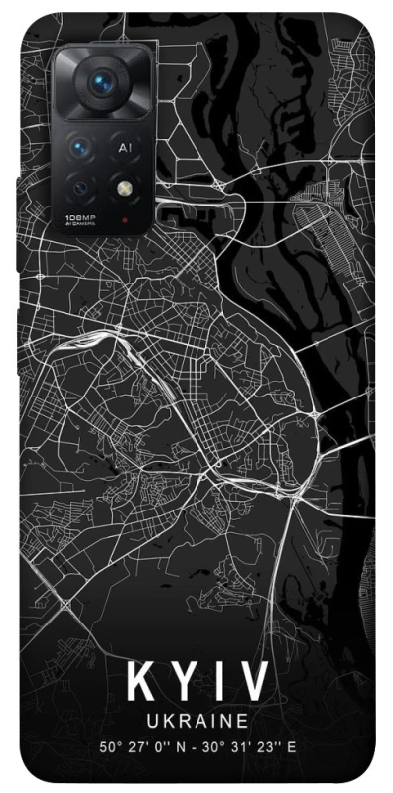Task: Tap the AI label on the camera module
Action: tap(125, 147)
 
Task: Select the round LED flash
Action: tap(126, 185)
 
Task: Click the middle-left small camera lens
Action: tap(81, 147)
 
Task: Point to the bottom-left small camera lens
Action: tap(81, 185)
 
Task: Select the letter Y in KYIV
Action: tap(183, 683)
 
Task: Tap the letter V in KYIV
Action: tap(255, 683)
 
